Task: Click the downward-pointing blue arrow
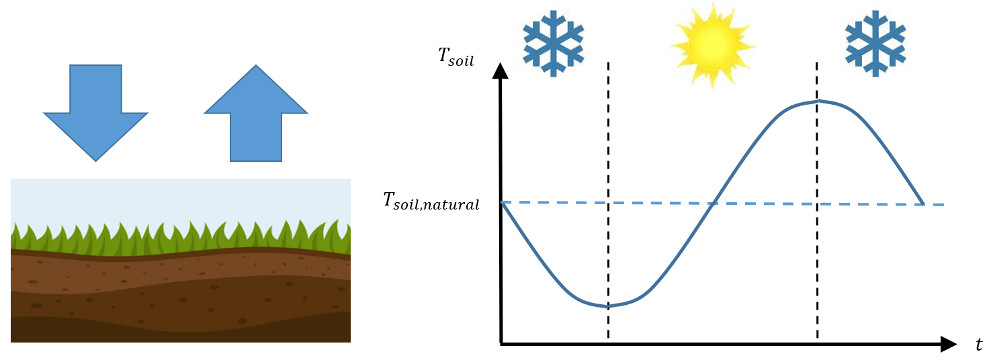[x=95, y=107]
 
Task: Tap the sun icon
[x=712, y=45]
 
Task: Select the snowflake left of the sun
[x=553, y=42]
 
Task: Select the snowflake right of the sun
[x=875, y=42]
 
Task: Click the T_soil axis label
[x=456, y=56]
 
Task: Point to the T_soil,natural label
[x=431, y=201]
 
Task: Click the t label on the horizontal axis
[x=978, y=345]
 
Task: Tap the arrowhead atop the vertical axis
[x=500, y=71]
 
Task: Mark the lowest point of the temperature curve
[x=609, y=306]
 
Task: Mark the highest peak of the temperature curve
[x=818, y=101]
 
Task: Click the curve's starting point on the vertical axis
[x=502, y=202]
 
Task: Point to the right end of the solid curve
[x=923, y=204]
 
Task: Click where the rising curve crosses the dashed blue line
[x=712, y=203]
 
